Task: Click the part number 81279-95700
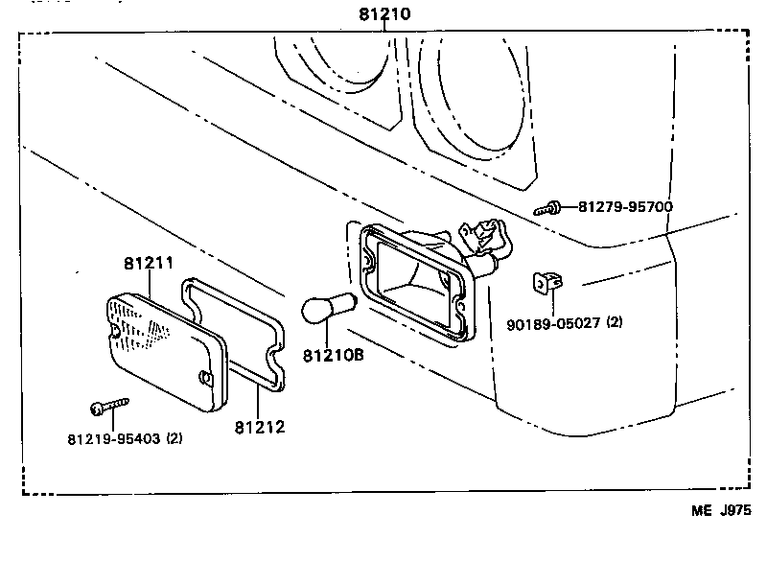pyautogui.click(x=624, y=206)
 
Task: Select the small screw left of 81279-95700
pyautogui.click(x=550, y=206)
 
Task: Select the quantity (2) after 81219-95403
pyautogui.click(x=174, y=439)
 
